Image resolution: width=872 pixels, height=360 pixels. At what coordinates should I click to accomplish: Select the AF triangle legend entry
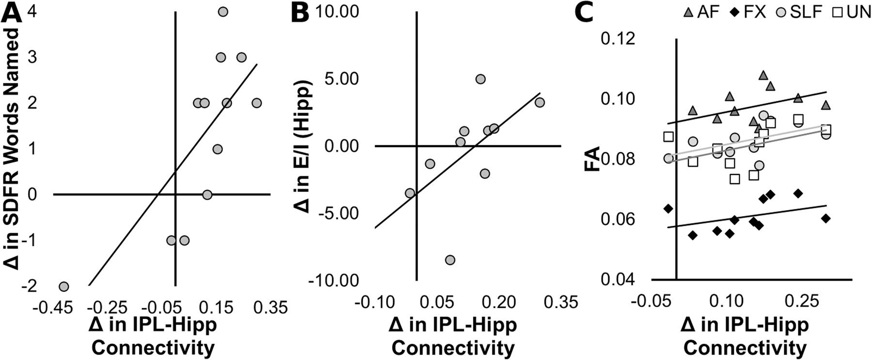pyautogui.click(x=698, y=12)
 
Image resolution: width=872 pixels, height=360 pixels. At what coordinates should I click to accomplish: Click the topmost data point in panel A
pyautogui.click(x=223, y=12)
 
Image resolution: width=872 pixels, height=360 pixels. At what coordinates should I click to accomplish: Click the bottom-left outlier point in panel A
pyautogui.click(x=63, y=286)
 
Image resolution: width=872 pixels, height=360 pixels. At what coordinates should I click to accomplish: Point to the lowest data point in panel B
pyautogui.click(x=450, y=260)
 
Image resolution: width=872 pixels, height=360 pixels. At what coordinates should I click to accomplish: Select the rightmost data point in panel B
pyautogui.click(x=540, y=102)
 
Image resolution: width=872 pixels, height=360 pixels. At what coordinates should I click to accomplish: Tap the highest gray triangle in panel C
pyautogui.click(x=763, y=75)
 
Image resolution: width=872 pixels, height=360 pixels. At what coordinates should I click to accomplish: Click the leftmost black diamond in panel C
pyautogui.click(x=669, y=209)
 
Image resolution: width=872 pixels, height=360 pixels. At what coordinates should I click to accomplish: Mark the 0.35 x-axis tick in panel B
pyautogui.click(x=562, y=302)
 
